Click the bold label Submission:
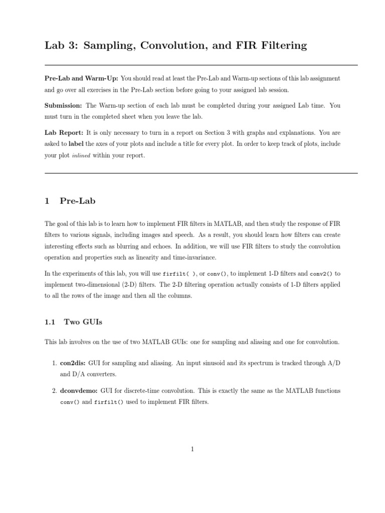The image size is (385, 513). tap(64, 106)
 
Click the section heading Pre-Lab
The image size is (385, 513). tap(77, 201)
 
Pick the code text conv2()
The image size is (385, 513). tap(320, 274)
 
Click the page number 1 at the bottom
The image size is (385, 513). tap(192, 449)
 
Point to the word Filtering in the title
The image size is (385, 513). tap(279, 46)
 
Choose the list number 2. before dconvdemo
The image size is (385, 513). tap(56, 390)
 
